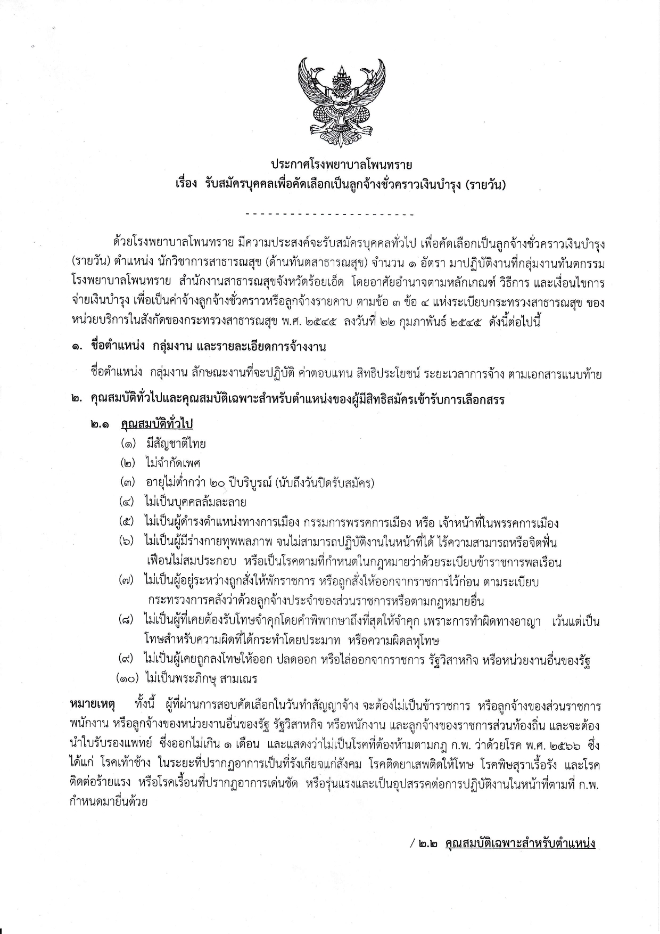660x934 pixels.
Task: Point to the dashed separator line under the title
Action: (330, 215)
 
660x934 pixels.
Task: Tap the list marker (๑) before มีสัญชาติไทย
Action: (128, 444)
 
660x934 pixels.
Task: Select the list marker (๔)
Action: (128, 502)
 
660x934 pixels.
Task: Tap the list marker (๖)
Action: (128, 542)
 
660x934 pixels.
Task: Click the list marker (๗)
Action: (128, 581)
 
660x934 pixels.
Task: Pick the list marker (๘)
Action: (128, 621)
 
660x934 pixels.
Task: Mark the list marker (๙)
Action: (128, 660)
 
